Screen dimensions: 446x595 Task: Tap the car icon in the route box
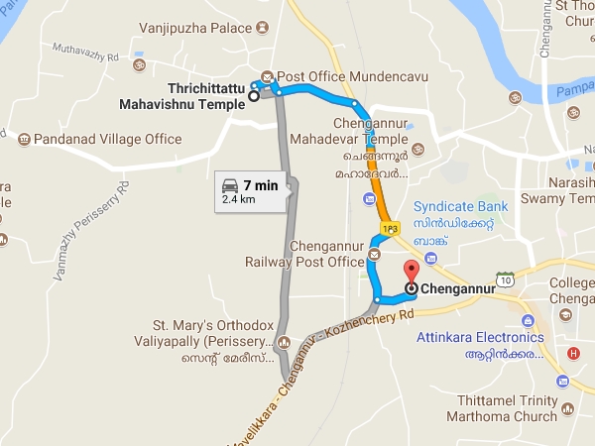(230, 185)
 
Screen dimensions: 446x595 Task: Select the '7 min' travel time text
(260, 185)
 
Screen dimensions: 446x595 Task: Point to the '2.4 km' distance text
(240, 199)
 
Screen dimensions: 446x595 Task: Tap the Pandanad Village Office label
(107, 140)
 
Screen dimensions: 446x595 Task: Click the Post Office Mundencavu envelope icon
(267, 76)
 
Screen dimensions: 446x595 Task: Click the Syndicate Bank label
(460, 206)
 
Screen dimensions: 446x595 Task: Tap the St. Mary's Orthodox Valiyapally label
(209, 332)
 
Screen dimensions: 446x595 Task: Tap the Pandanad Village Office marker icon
(24, 140)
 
